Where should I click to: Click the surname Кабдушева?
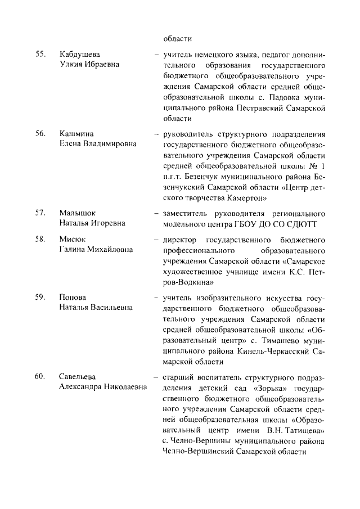coord(80,54)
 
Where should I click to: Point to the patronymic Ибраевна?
coord(102,65)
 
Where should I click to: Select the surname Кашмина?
coord(76,133)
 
